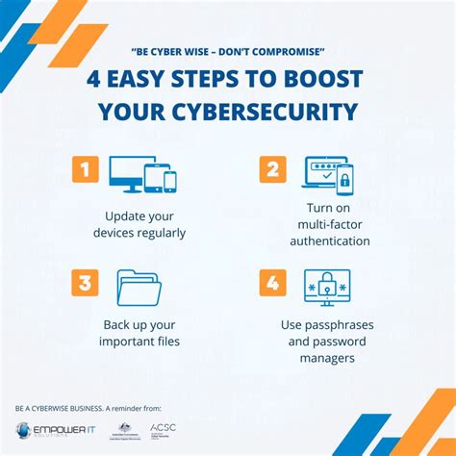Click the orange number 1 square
click(x=86, y=170)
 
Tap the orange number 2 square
click(x=272, y=170)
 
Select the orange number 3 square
click(x=86, y=283)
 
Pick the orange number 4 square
click(x=272, y=283)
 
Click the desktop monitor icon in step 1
click(x=126, y=173)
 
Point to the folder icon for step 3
click(x=139, y=287)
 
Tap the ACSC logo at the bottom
click(x=163, y=428)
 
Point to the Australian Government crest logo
click(x=124, y=429)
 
